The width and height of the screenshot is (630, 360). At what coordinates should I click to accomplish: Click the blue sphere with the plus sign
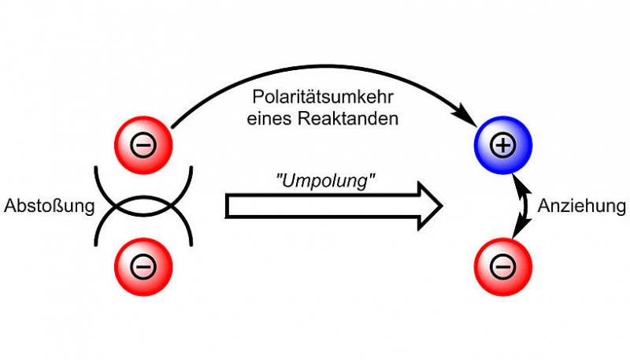[x=504, y=146]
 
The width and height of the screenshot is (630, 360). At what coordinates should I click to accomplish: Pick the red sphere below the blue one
[x=502, y=268]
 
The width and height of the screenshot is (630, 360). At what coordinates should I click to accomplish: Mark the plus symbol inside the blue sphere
[x=504, y=146]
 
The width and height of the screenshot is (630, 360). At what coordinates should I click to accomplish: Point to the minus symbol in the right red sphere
[x=502, y=268]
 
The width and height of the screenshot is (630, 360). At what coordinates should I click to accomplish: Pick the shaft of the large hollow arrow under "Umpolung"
[x=315, y=206]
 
